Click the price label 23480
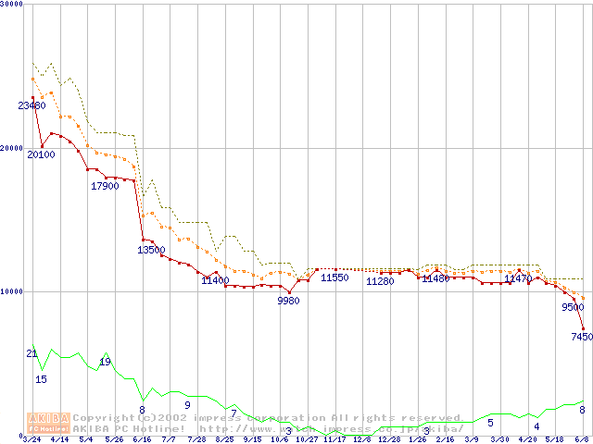(32, 105)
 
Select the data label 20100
(41, 154)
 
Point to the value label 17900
(105, 186)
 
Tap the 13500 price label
(151, 250)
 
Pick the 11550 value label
(334, 277)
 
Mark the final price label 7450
(581, 338)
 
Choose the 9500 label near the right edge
(573, 308)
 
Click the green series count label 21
(32, 354)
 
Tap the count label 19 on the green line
(105, 362)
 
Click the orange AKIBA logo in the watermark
(49, 423)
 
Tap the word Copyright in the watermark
(100, 418)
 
